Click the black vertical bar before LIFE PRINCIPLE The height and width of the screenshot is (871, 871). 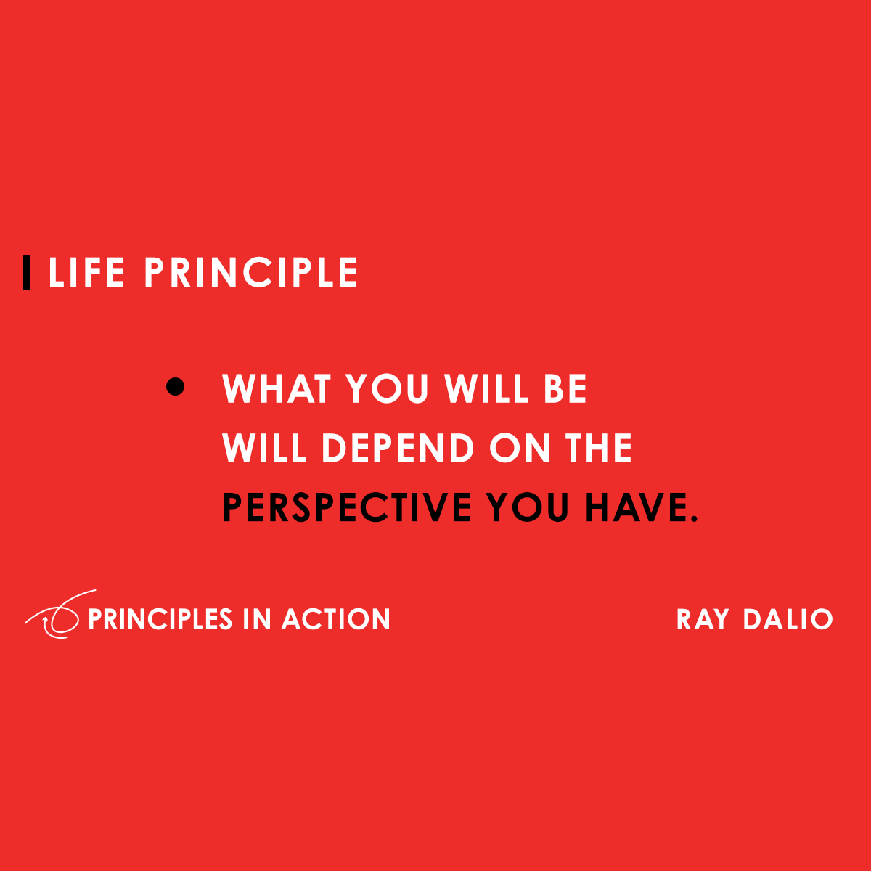(x=27, y=272)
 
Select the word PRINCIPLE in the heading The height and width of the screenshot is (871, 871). (x=250, y=273)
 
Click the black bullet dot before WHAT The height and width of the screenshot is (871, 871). (x=176, y=386)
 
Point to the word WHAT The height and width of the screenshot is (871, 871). (x=277, y=389)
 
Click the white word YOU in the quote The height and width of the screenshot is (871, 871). (x=388, y=389)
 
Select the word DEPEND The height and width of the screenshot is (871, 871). (x=398, y=448)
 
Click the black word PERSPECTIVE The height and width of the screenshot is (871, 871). (x=347, y=507)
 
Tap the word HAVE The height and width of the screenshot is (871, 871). (x=634, y=507)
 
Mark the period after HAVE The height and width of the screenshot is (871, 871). (x=693, y=518)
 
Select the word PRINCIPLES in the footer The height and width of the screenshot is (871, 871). (x=160, y=619)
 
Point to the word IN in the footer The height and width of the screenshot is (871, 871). (x=256, y=619)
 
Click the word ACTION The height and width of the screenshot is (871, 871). (x=336, y=619)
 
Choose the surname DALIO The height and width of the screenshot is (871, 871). (x=788, y=620)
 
